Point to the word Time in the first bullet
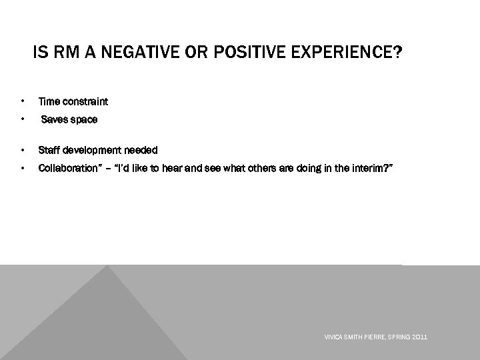49,102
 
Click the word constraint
85,102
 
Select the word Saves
53,119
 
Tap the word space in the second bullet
83,119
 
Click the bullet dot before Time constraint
23,102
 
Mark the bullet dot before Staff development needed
23,150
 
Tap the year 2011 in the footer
420,338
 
